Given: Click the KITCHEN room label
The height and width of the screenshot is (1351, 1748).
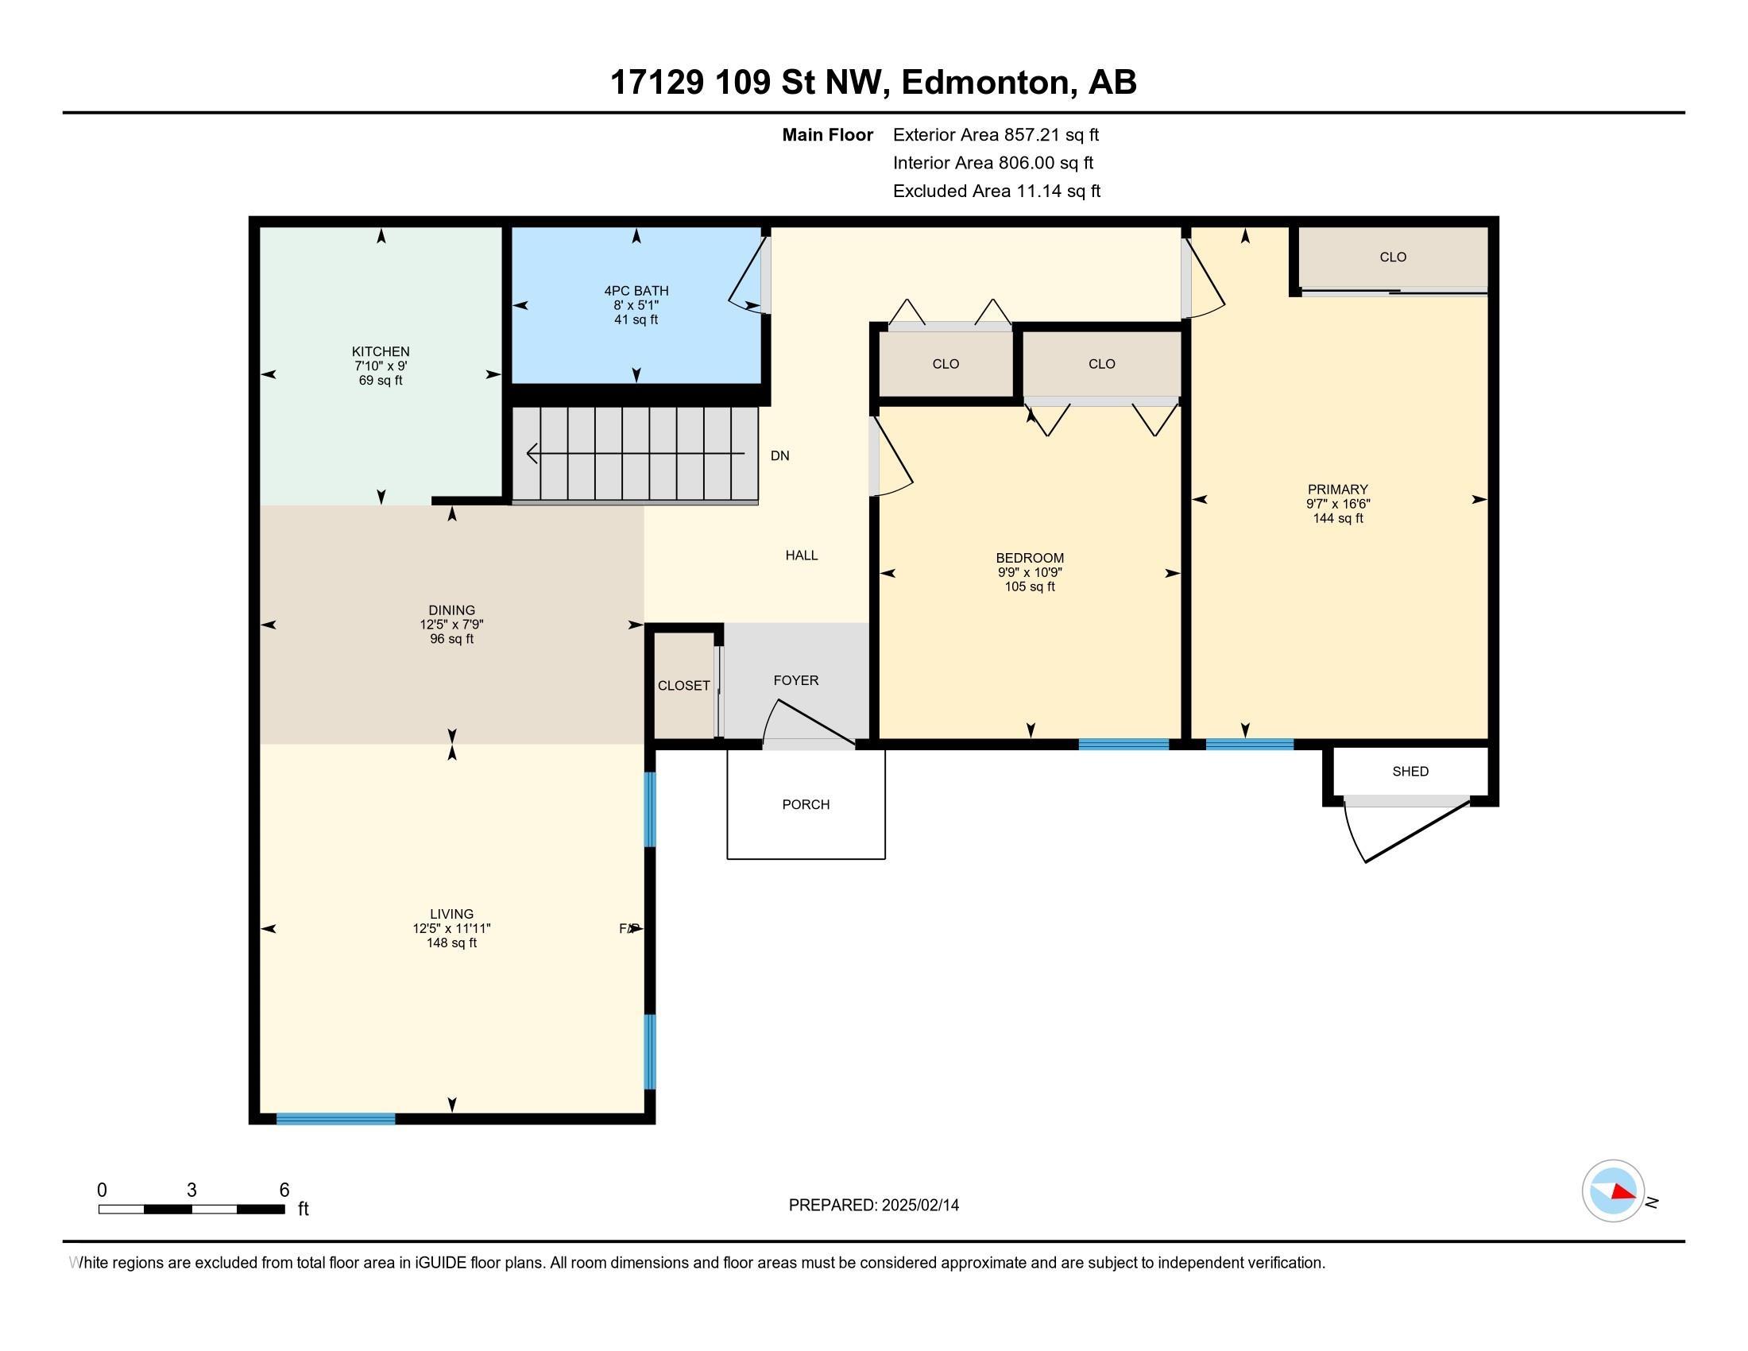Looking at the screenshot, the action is coord(380,351).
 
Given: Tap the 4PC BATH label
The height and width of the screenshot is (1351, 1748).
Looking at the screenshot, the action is coord(636,291).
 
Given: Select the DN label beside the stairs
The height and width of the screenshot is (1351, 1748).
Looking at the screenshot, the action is coord(779,455).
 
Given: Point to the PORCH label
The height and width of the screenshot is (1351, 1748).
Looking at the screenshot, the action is coord(806,804).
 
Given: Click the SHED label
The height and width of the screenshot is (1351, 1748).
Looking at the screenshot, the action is coord(1410,771).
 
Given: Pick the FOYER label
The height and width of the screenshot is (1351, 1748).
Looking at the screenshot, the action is coord(795,680).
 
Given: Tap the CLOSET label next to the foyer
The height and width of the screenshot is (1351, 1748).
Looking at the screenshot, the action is coord(683,686).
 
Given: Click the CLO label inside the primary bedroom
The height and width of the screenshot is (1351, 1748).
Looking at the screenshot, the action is coord(1393,257).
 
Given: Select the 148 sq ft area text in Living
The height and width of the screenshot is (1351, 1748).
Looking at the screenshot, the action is coord(451,943).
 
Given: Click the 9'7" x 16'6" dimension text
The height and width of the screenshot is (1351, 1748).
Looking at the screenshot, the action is coord(1337,504).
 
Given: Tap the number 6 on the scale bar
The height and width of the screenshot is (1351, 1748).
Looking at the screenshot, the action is coord(284,1190).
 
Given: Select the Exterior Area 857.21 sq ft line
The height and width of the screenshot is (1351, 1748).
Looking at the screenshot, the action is coord(996,134).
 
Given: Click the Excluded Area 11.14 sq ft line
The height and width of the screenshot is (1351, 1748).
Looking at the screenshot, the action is coord(996,191).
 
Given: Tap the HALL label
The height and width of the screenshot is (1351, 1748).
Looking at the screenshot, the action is coord(801,555).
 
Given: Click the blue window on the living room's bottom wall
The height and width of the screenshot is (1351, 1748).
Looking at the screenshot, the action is coord(335,1119).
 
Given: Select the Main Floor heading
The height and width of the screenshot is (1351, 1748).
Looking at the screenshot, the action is coord(828,134).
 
